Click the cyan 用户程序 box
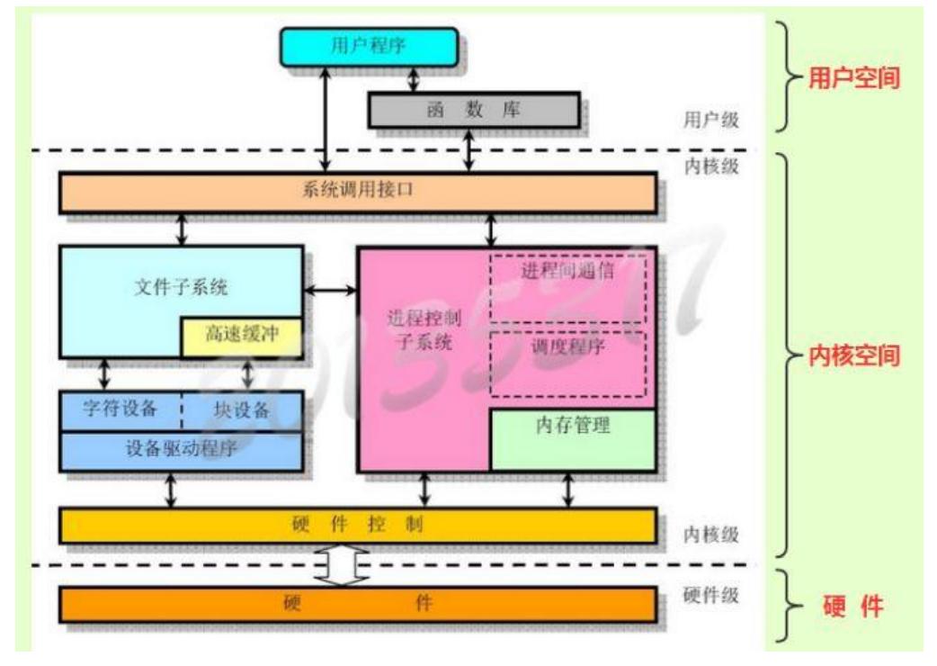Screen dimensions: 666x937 tap(369, 47)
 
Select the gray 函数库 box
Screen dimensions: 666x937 tap(473, 111)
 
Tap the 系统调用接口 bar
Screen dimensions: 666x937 tap(357, 193)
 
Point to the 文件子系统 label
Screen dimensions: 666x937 tap(180, 288)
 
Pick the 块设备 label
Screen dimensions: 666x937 tap(242, 409)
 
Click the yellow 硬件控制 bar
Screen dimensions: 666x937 tap(357, 525)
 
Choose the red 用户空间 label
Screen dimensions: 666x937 tap(853, 79)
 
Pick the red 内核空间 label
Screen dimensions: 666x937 tap(853, 355)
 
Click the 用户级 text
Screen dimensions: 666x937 tap(711, 119)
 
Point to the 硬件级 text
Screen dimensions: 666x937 tap(711, 596)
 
